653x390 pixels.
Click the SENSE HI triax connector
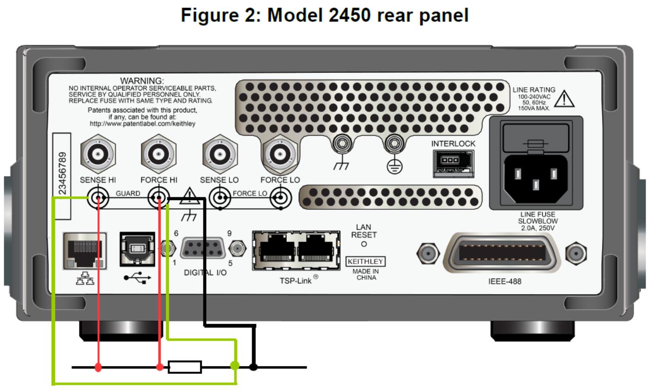(98, 154)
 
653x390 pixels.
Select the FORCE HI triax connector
(158, 154)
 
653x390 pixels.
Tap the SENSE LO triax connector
(219, 154)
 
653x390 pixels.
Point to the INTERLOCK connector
(453, 163)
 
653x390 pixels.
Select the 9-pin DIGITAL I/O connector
(203, 249)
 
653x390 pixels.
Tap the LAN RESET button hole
(364, 244)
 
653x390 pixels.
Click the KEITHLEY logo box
(366, 261)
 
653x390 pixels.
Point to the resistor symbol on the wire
(185, 367)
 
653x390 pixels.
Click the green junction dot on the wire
(235, 366)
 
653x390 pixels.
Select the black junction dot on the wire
(253, 367)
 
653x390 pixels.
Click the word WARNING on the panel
(142, 81)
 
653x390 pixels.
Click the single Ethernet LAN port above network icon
(84, 250)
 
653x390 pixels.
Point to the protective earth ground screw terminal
(393, 145)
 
